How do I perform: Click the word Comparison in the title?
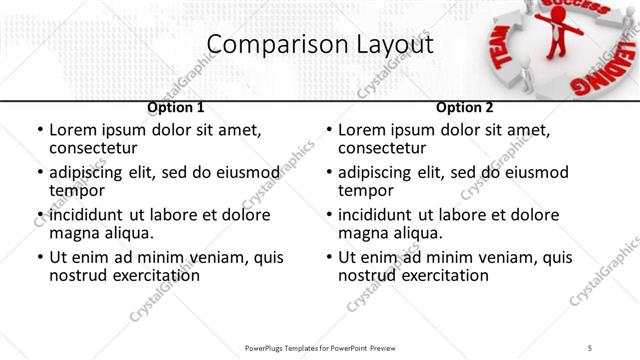click(264, 45)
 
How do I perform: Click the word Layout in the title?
click(384, 45)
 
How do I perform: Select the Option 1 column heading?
click(176, 107)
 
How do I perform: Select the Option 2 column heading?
click(465, 107)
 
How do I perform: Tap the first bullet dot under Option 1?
click(39, 131)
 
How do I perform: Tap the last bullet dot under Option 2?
click(328, 257)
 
